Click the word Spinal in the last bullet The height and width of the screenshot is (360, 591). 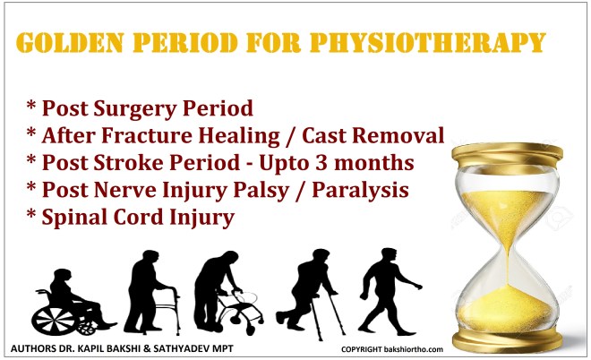[x=76, y=218]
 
